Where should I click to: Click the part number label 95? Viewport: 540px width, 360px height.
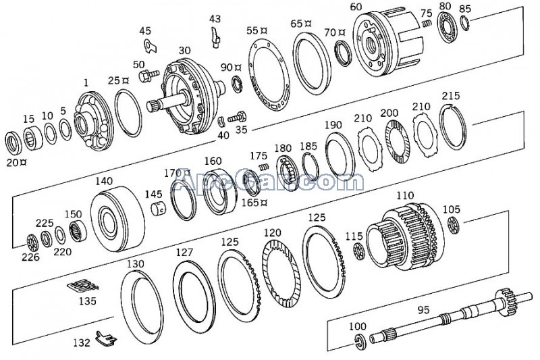423,310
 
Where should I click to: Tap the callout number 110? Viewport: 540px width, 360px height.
405,195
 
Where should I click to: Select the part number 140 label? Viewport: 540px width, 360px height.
103,181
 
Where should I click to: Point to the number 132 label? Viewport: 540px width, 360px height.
81,342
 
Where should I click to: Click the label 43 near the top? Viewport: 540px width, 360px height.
215,18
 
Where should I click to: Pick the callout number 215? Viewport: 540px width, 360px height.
450,95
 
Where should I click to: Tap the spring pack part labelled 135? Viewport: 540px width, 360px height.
83,286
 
